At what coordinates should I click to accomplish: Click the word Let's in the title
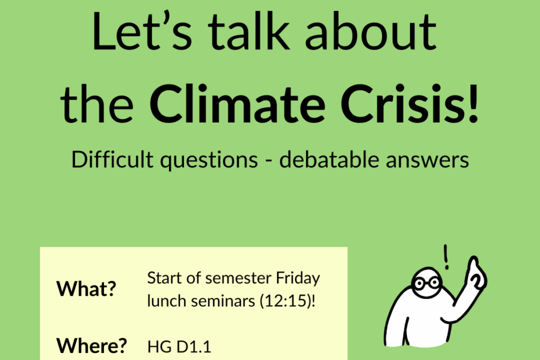coord(142,31)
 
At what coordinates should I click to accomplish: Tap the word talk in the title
coord(248,31)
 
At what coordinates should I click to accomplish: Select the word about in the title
coord(370,31)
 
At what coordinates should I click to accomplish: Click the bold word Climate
coord(237,103)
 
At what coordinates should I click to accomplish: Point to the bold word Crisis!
coord(410,103)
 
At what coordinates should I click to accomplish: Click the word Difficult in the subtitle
coord(112,159)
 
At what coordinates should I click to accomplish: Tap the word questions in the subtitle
coord(209,160)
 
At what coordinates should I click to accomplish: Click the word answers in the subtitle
coord(427,161)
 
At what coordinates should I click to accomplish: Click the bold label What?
coord(87,289)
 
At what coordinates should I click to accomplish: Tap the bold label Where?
coord(92,345)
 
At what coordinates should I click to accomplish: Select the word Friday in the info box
coord(298,278)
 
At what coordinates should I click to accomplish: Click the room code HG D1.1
coord(179,347)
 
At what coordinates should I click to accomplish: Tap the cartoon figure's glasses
coord(427,283)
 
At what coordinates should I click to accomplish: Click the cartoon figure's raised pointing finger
coord(474,265)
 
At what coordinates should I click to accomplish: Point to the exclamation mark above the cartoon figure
coord(447,257)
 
